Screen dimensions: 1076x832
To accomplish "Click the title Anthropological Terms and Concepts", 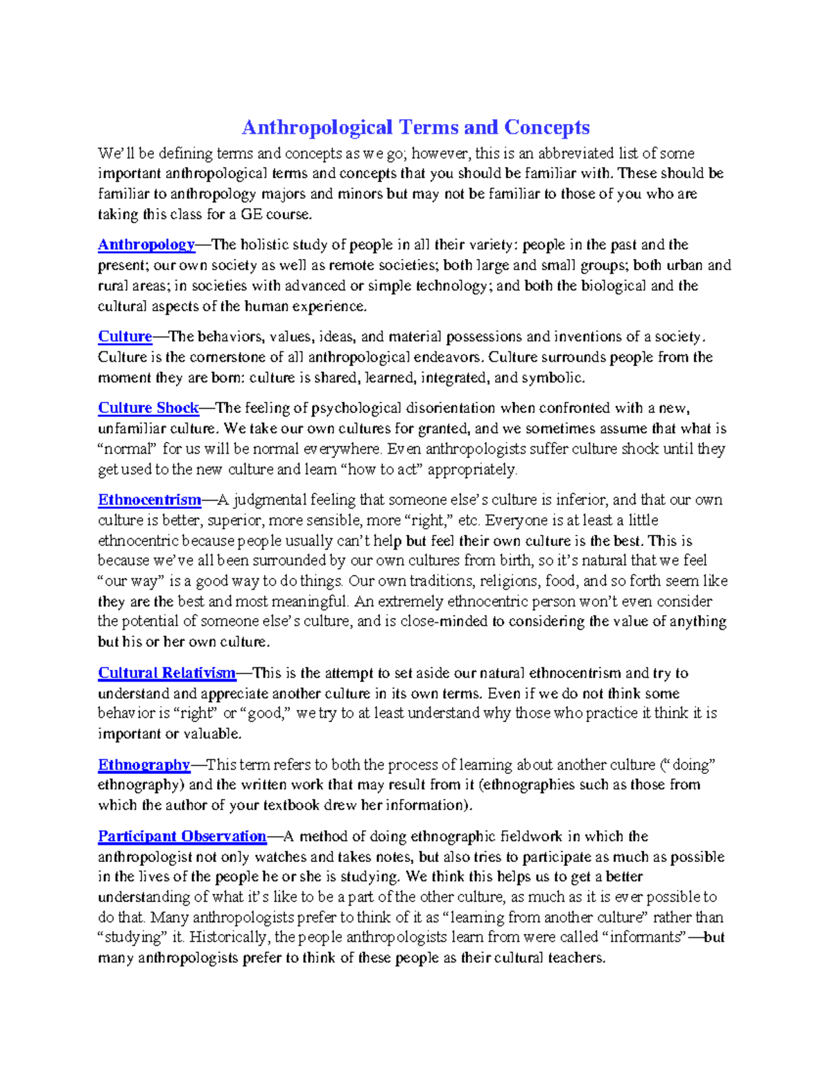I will pos(415,127).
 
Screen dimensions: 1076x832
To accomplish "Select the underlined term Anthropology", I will pos(146,245).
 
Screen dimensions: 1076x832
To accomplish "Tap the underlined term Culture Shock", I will pos(148,408).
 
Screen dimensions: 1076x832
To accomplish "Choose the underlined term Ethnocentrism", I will pos(149,500).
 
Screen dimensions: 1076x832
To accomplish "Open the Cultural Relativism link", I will pos(166,673).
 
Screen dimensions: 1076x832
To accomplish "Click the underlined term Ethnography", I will pos(144,765).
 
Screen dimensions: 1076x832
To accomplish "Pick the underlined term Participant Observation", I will pos(182,836).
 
